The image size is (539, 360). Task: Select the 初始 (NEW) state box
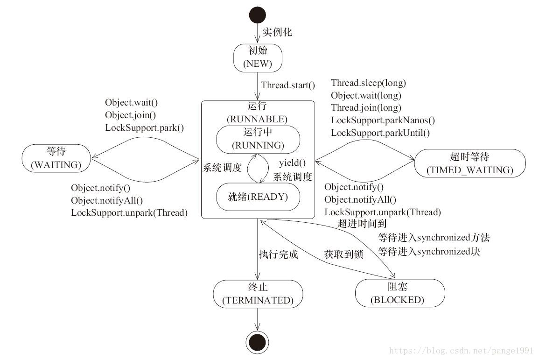click(258, 58)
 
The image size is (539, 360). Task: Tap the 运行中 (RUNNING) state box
click(258, 139)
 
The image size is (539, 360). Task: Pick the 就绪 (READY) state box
click(258, 197)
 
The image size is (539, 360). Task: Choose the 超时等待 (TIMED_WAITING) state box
click(470, 163)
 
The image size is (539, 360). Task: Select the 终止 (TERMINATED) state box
click(258, 294)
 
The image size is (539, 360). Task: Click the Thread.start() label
click(288, 85)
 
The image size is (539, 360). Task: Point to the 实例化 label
click(277, 32)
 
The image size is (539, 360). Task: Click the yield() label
click(292, 163)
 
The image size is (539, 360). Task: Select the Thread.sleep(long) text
click(368, 83)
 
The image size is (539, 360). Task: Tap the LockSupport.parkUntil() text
click(380, 133)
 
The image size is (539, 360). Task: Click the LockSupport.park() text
click(144, 127)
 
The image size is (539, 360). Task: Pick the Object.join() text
click(130, 115)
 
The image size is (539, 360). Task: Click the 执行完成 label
click(279, 254)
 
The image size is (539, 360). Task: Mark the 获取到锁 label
click(343, 254)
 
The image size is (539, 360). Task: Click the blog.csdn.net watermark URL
click(462, 350)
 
